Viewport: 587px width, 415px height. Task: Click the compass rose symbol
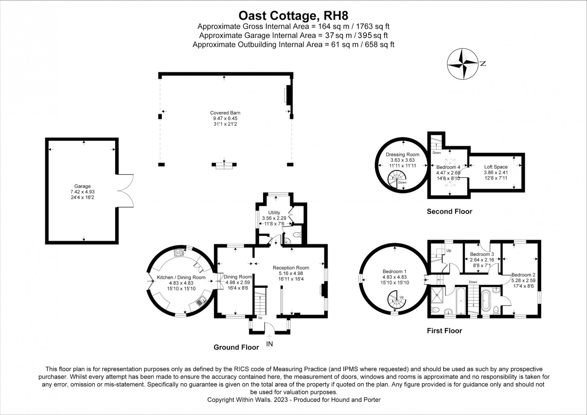point(463,64)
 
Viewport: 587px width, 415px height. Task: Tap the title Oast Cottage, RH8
point(293,15)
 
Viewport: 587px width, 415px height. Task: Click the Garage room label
point(82,186)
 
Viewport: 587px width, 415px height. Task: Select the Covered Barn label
point(225,113)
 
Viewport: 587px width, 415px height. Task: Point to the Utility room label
point(274,212)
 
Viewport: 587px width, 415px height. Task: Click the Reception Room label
point(291,267)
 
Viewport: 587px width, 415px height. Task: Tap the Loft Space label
point(496,167)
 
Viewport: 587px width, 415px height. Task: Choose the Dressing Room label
point(402,154)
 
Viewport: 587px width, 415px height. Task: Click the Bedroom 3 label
point(482,254)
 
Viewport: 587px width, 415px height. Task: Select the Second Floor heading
point(449,211)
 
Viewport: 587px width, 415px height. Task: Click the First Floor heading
point(444,331)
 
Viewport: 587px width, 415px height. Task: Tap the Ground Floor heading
point(236,347)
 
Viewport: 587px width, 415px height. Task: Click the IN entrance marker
point(269,344)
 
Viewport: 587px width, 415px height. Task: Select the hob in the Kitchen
point(179,253)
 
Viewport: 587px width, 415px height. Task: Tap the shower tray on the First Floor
point(438,295)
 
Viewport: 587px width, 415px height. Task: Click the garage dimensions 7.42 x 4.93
point(82,192)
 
